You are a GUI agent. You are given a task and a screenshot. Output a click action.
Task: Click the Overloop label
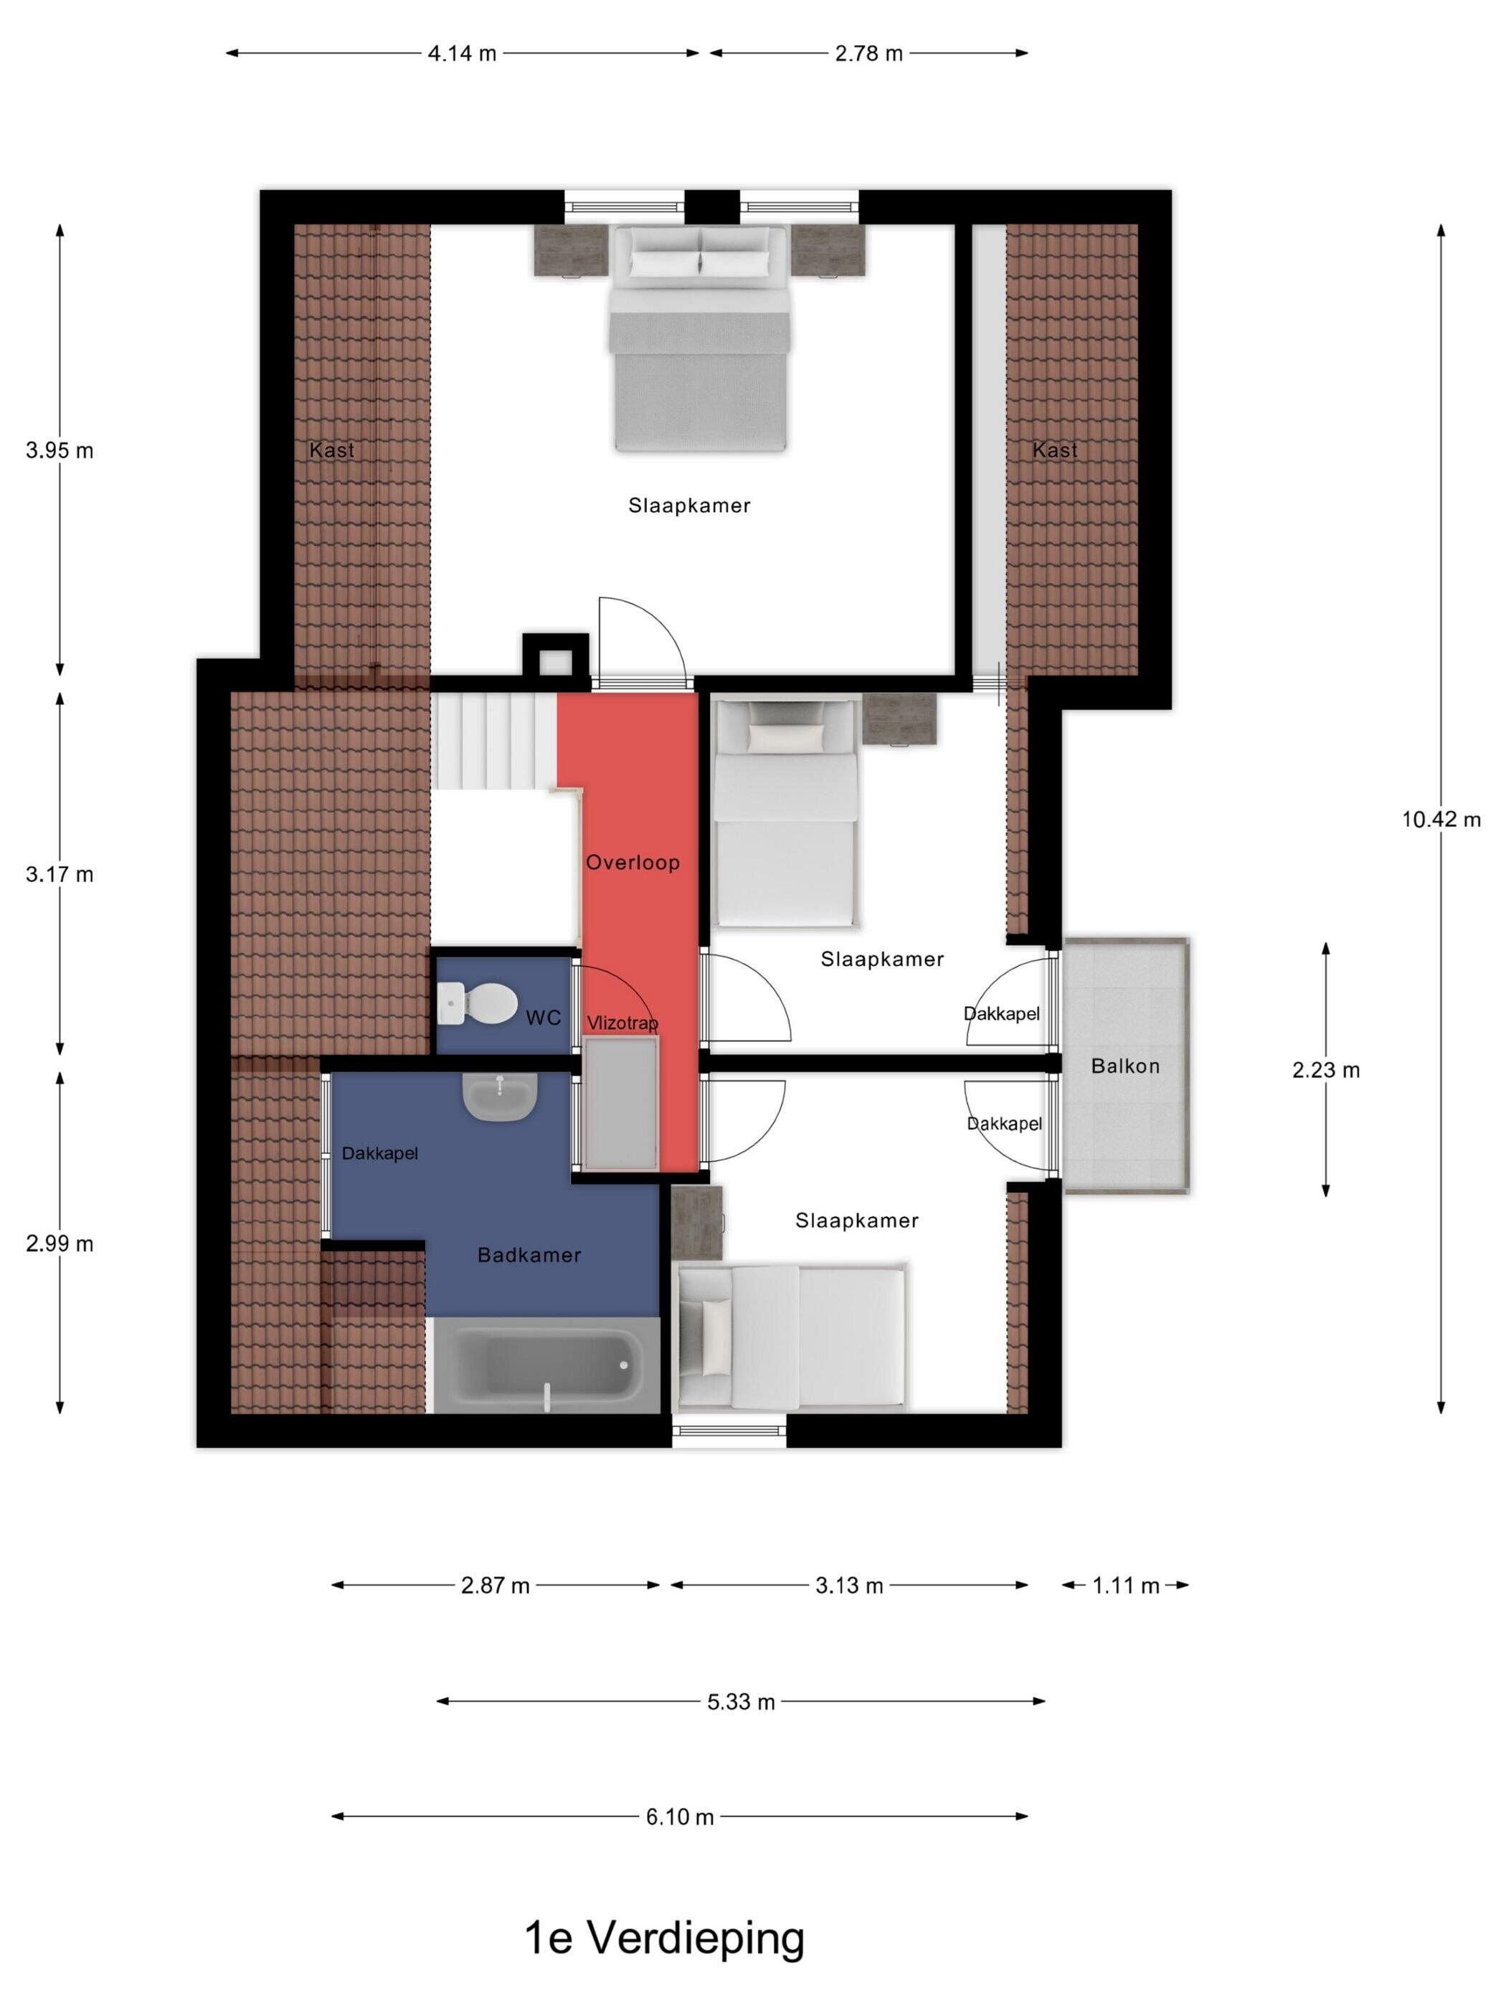633,863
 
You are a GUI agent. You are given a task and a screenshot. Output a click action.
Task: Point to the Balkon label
1126,1066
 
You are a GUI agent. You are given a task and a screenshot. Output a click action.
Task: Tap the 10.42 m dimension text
1441,820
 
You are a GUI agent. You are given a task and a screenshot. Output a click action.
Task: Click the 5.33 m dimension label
741,1702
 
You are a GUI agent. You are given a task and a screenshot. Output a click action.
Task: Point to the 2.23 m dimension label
1326,1070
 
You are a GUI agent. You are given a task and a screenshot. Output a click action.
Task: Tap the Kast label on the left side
331,450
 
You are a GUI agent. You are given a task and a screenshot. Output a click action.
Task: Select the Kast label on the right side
1055,450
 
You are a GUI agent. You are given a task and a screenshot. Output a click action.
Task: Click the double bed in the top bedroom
699,338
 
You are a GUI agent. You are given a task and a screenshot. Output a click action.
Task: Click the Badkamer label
529,1254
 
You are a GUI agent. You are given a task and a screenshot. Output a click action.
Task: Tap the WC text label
544,1018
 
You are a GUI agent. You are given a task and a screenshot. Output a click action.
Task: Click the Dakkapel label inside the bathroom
379,1154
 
